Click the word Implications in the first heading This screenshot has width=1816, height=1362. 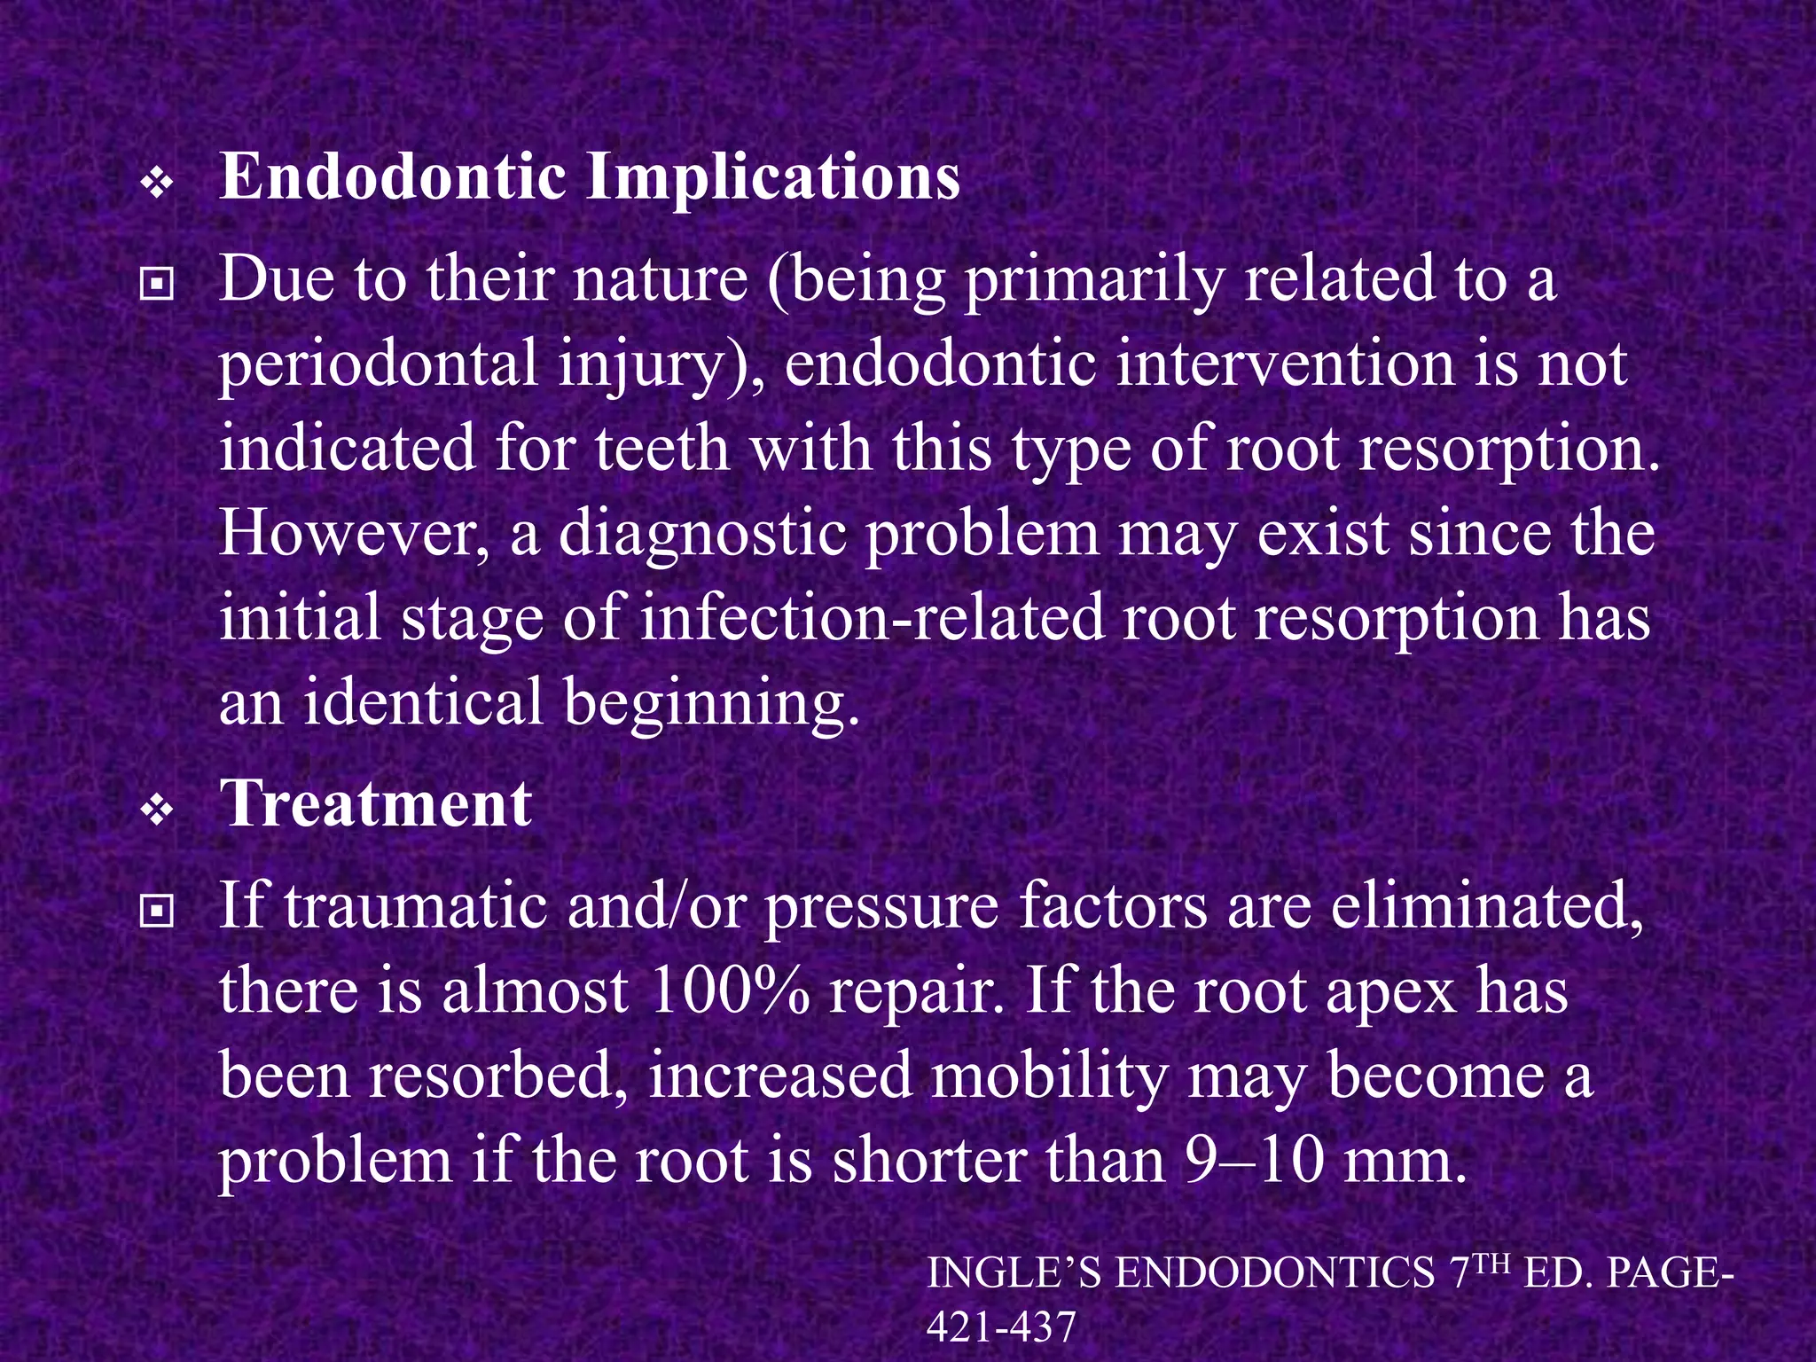(772, 177)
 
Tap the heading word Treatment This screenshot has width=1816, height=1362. (375, 803)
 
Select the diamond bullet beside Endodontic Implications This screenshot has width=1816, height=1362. (157, 184)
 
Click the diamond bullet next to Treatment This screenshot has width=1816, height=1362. (157, 810)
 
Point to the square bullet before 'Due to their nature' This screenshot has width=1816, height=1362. (157, 285)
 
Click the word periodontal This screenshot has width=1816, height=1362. (378, 365)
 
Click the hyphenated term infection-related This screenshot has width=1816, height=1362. (873, 618)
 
